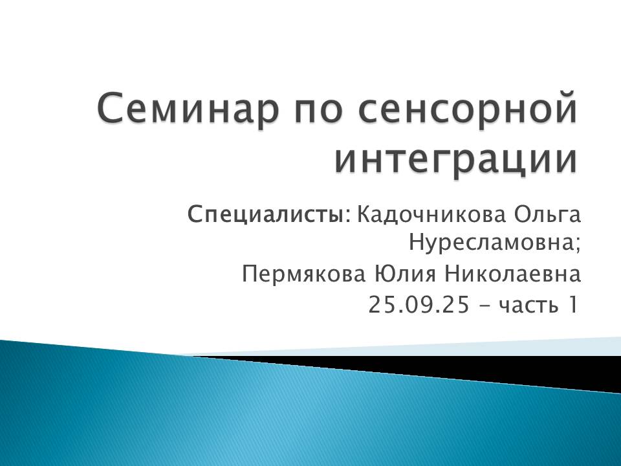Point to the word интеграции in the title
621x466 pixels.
(x=457, y=159)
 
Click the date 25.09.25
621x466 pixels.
(x=419, y=304)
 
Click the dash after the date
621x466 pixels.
(x=485, y=305)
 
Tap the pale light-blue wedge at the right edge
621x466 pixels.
(x=582, y=346)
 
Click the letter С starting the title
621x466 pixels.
(x=110, y=109)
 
